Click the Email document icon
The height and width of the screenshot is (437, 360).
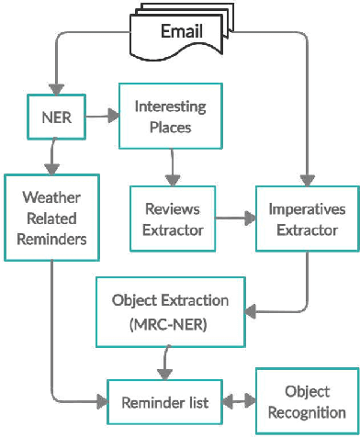(182, 33)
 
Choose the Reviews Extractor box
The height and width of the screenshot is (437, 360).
(173, 219)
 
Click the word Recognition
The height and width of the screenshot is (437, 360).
(308, 412)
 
